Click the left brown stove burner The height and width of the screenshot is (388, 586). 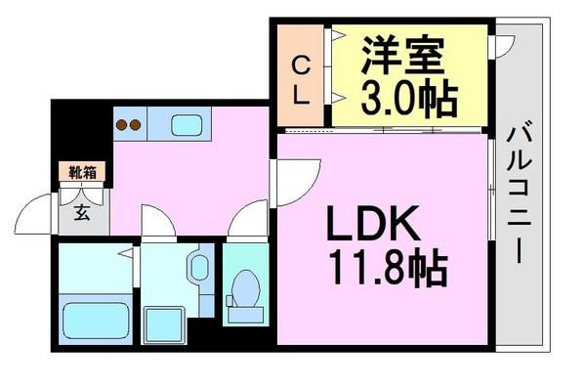pos(123,124)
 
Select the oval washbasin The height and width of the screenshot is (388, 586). pos(198,268)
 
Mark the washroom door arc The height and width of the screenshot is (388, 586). pos(156,221)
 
